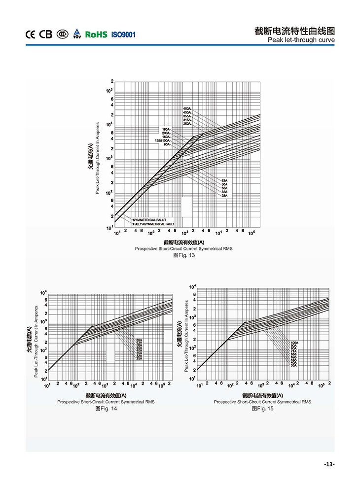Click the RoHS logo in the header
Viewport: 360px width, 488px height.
[96, 35]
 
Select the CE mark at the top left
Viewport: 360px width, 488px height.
[30, 35]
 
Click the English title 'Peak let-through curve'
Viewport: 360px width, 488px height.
[301, 40]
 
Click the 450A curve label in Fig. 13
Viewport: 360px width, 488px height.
[187, 108]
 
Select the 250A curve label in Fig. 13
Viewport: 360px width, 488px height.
[187, 124]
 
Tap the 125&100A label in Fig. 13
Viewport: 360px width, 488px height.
[162, 140]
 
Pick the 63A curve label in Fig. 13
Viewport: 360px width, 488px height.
[224, 181]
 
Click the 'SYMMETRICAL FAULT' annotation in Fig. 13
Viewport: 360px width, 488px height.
[149, 220]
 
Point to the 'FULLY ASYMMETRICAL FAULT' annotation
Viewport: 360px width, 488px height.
[153, 224]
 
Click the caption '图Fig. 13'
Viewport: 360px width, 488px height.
[184, 255]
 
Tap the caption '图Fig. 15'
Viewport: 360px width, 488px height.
[262, 409]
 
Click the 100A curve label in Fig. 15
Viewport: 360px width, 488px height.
[294, 343]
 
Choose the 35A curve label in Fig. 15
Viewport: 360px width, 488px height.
[293, 365]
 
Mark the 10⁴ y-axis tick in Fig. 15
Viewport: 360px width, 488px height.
[192, 287]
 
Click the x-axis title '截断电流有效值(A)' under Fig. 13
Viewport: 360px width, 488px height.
[184, 243]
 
